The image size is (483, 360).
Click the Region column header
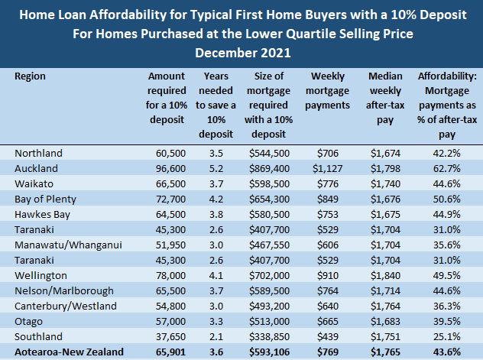(30, 76)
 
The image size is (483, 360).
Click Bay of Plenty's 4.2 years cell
(213, 198)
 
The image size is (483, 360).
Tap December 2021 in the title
(241, 53)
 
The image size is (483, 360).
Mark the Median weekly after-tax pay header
(386, 98)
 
